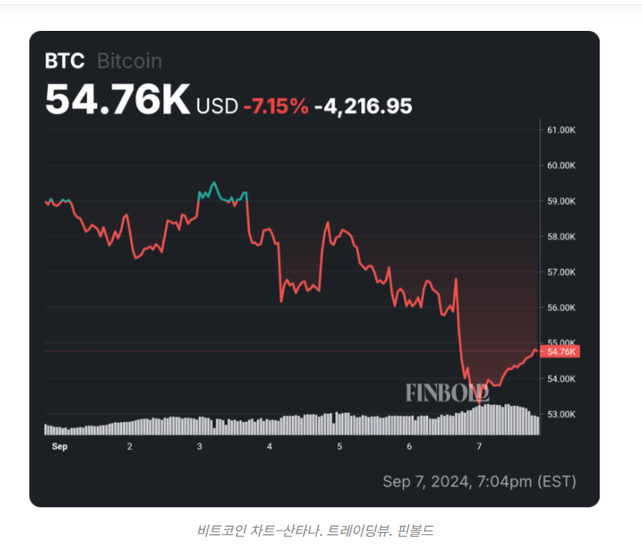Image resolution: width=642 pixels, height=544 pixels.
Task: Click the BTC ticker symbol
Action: click(65, 61)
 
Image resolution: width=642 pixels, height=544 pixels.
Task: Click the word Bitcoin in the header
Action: click(129, 61)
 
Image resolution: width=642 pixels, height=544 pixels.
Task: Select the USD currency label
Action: click(217, 106)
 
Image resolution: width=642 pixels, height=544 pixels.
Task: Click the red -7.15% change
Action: click(276, 106)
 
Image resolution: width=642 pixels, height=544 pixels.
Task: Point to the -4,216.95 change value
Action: click(363, 106)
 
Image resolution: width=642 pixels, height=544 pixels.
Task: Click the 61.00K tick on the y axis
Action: click(561, 130)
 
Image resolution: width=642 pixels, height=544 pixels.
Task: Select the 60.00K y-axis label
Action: click(561, 166)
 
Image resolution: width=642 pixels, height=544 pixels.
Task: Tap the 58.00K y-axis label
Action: click(561, 237)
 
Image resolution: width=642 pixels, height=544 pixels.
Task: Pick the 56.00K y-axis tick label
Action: click(561, 307)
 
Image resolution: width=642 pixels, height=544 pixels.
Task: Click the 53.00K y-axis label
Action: click(561, 414)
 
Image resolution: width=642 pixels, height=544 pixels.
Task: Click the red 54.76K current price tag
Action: click(562, 351)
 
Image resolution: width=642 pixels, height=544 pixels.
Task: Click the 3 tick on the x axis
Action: click(199, 446)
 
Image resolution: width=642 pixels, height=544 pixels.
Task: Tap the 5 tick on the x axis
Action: click(339, 446)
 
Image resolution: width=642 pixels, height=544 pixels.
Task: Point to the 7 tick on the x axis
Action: click(479, 446)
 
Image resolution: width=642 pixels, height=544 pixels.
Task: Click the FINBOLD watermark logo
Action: click(447, 392)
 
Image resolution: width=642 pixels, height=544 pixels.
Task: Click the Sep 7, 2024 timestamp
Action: click(479, 481)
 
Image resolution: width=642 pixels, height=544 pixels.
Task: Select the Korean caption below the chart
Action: click(321, 530)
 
